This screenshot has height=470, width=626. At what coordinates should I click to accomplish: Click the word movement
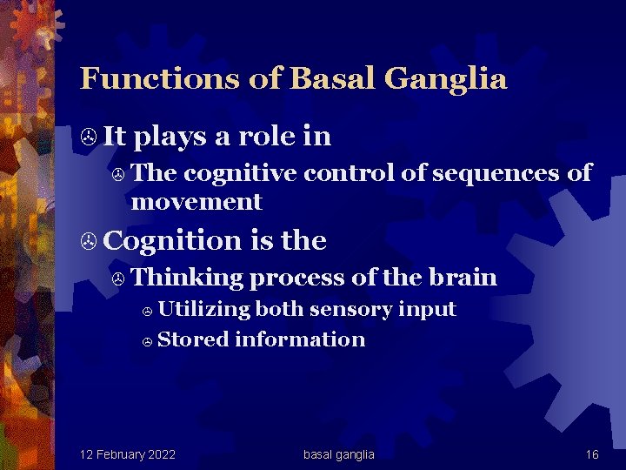pos(196,202)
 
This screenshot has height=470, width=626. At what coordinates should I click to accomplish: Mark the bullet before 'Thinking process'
pos(120,279)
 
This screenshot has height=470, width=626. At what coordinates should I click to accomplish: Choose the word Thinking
pos(189,278)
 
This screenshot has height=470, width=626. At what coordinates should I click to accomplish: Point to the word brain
pos(463,278)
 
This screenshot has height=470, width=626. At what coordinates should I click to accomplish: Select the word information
pos(299,339)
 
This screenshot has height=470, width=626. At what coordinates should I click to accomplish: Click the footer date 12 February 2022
pos(127,454)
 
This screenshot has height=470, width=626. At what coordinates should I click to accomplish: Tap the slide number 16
pos(592,454)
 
